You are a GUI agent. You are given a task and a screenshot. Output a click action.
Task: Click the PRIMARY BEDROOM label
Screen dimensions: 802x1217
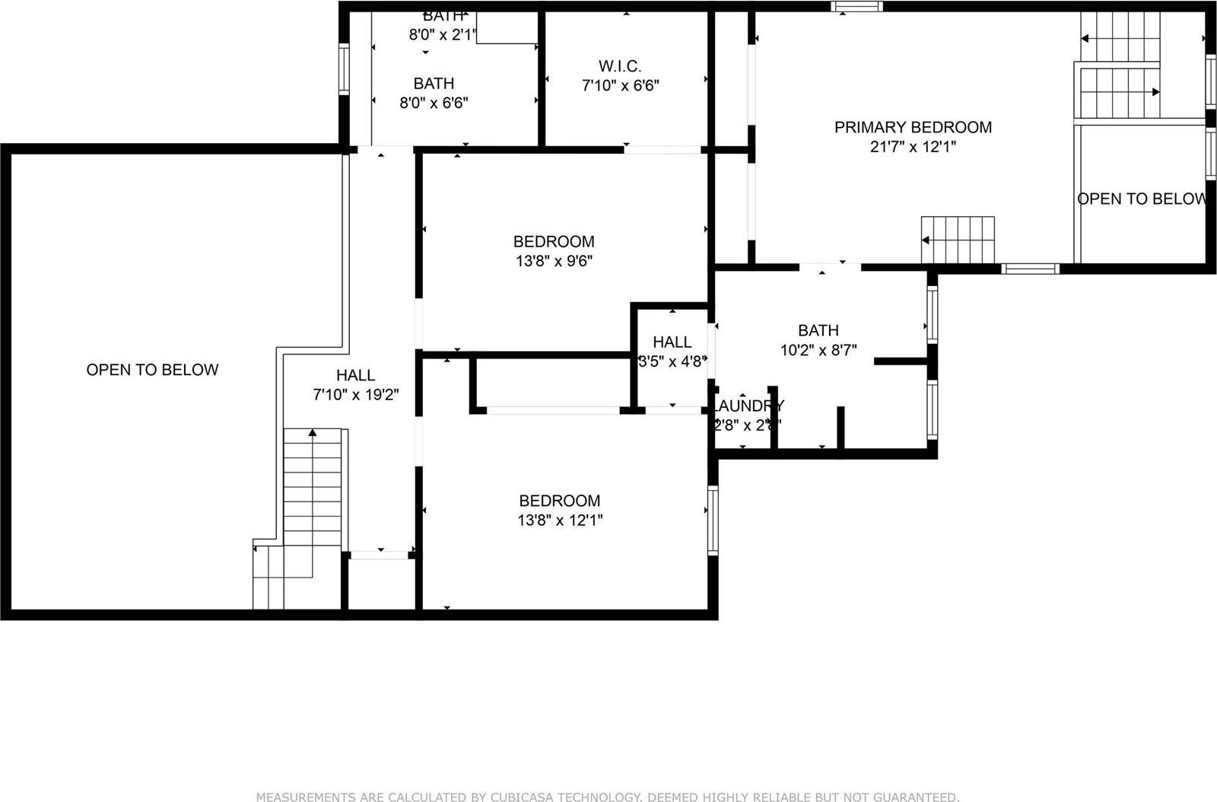(x=913, y=127)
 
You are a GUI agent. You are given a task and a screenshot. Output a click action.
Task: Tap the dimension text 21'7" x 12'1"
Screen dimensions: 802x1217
(x=913, y=147)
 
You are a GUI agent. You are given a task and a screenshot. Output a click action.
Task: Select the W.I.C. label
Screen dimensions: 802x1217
(x=620, y=66)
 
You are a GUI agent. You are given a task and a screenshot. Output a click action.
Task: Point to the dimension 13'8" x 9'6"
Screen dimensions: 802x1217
(x=554, y=261)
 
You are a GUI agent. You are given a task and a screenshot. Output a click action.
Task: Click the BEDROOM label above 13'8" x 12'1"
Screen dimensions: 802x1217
(x=559, y=501)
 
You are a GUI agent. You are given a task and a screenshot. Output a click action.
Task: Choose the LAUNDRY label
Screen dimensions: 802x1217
(x=748, y=406)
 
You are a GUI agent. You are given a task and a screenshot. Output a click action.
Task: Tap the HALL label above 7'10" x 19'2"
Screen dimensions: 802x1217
(x=355, y=375)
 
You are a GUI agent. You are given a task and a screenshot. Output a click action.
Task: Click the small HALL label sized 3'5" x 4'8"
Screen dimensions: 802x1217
(x=672, y=342)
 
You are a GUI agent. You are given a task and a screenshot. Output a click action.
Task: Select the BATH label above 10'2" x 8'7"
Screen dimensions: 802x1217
(x=818, y=330)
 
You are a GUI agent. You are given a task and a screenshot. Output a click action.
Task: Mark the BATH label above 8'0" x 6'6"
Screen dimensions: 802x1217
(x=434, y=83)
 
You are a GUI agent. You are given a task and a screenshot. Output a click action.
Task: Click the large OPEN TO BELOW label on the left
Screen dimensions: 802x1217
(x=152, y=370)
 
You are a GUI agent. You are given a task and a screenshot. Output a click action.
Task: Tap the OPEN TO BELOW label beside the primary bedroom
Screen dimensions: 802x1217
(x=1141, y=199)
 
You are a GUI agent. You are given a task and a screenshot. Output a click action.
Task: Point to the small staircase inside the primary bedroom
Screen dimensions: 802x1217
(x=958, y=239)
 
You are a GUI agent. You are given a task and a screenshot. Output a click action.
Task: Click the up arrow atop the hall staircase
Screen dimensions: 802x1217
(x=312, y=433)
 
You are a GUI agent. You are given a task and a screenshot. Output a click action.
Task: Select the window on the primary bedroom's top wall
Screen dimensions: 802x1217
(x=856, y=7)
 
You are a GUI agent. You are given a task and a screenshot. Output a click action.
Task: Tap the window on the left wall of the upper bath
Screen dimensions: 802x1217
(x=343, y=68)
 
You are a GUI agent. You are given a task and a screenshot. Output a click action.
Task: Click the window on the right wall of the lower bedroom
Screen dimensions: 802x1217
(x=713, y=520)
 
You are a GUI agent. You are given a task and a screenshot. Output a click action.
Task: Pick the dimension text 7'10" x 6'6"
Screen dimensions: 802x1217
(x=620, y=86)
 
